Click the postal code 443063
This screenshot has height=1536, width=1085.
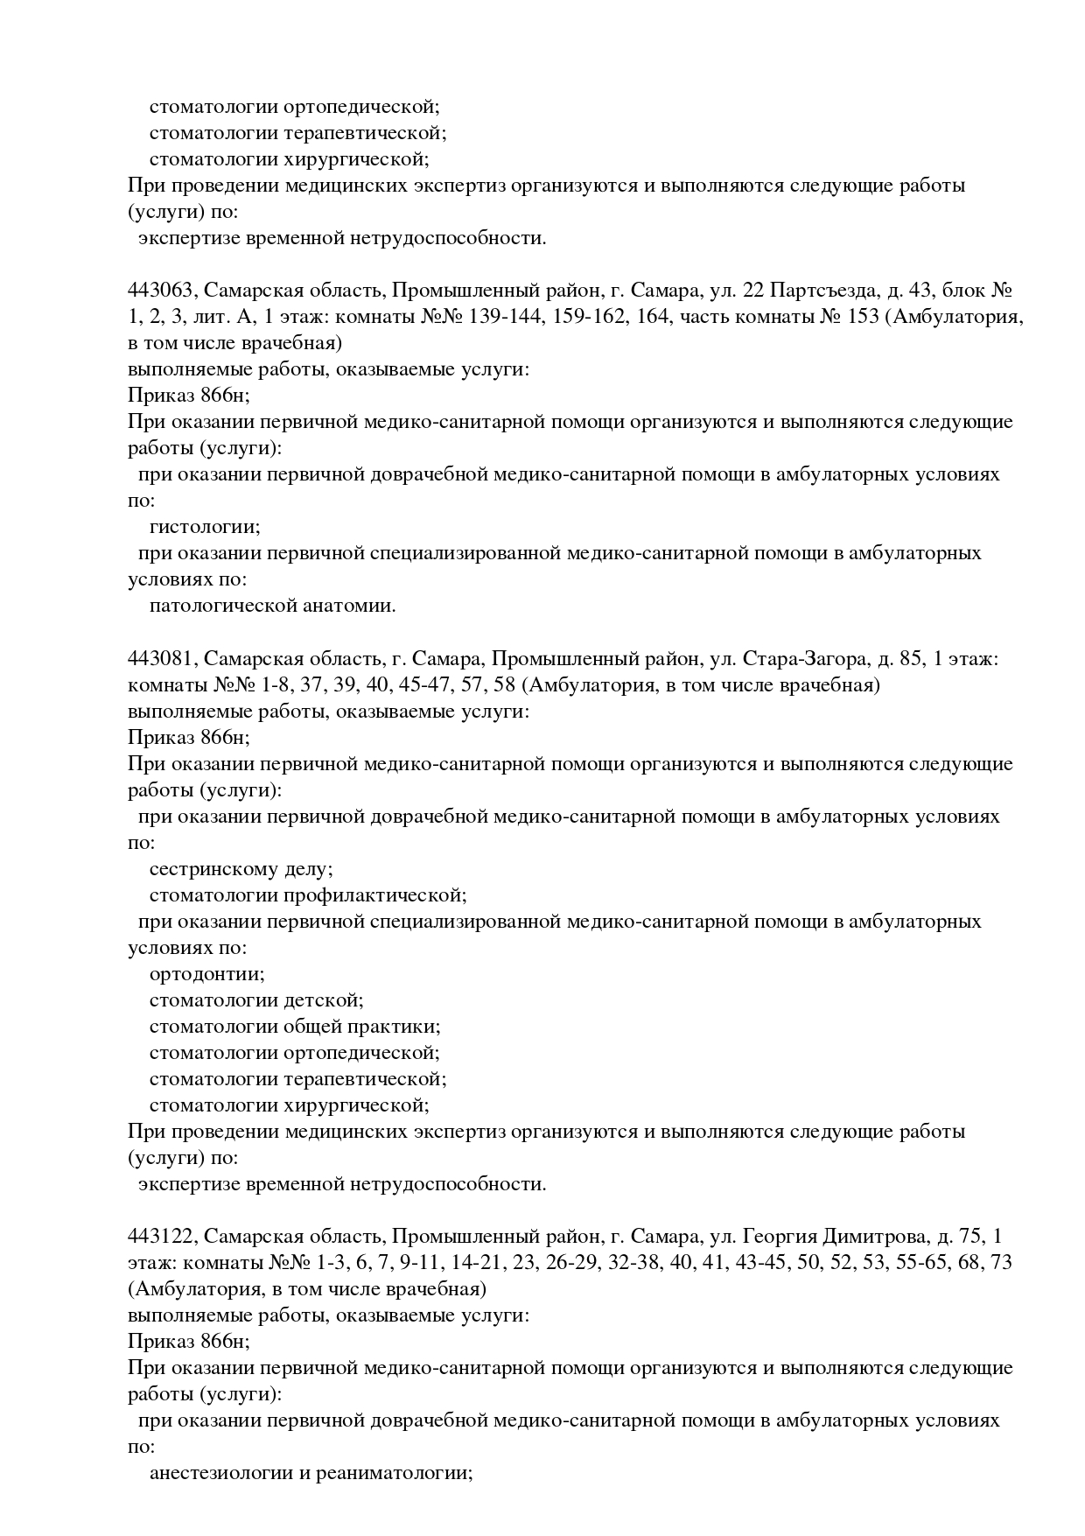click(x=160, y=291)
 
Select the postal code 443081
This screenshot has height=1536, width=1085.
click(x=160, y=658)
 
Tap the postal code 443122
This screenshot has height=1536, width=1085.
click(x=160, y=1236)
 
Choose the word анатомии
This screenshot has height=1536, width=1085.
click(x=349, y=606)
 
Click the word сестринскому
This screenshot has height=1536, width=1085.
click(x=215, y=869)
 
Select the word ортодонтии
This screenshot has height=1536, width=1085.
click(x=206, y=974)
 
